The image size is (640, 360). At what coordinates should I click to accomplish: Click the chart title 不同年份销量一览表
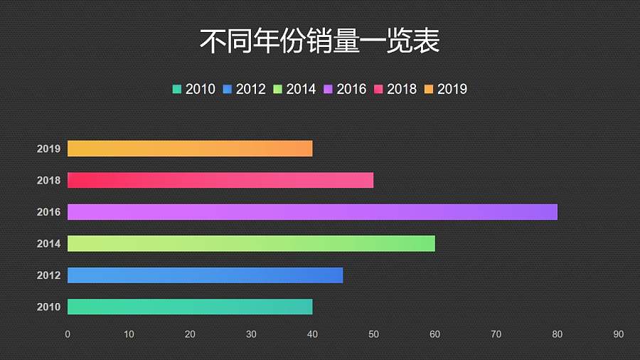click(319, 41)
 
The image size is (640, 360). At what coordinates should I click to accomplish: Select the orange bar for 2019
click(190, 149)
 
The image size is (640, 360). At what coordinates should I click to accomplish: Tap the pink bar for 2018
click(220, 180)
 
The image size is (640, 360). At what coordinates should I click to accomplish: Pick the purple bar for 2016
click(312, 212)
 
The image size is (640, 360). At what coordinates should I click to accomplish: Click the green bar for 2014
click(251, 243)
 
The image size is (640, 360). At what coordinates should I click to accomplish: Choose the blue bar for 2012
click(205, 275)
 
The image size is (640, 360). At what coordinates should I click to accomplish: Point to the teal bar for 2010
click(190, 307)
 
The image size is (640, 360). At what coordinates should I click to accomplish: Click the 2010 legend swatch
click(177, 89)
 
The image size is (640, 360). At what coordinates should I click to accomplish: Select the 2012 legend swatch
click(228, 89)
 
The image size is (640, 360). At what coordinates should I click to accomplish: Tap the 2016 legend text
click(351, 89)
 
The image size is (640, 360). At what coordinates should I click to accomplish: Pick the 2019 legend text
click(452, 89)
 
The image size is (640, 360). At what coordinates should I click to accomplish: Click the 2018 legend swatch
click(379, 89)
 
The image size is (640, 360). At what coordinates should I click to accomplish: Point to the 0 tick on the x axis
click(68, 334)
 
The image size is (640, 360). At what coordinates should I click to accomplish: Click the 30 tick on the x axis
click(251, 334)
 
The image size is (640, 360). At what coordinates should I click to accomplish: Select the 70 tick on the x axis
click(496, 334)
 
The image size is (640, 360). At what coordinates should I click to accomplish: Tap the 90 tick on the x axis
click(619, 334)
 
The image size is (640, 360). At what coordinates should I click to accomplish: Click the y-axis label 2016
click(48, 212)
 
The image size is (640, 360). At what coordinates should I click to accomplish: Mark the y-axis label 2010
click(48, 307)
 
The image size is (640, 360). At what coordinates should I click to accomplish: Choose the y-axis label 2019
click(48, 149)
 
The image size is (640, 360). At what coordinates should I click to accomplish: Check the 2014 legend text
click(301, 89)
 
